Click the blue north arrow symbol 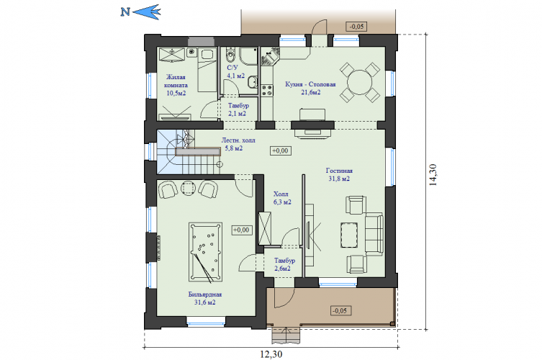[x=147, y=12]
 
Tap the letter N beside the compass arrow [x=125, y=12]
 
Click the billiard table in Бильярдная [x=205, y=252]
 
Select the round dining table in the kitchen [x=359, y=82]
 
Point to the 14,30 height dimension [x=433, y=175]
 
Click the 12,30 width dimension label [x=271, y=354]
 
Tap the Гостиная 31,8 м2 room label [x=339, y=175]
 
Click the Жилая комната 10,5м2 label [x=176, y=85]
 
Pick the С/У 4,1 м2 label [x=236, y=71]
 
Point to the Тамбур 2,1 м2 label [x=238, y=109]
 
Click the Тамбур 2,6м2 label [x=284, y=264]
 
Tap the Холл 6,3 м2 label [x=282, y=198]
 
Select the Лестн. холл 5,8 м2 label [x=238, y=144]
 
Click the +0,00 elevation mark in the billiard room [x=241, y=230]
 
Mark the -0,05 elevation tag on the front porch [x=340, y=310]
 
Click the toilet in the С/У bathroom [x=230, y=54]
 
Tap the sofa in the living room [x=374, y=235]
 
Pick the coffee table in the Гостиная [x=349, y=235]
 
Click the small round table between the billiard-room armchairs [x=188, y=188]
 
